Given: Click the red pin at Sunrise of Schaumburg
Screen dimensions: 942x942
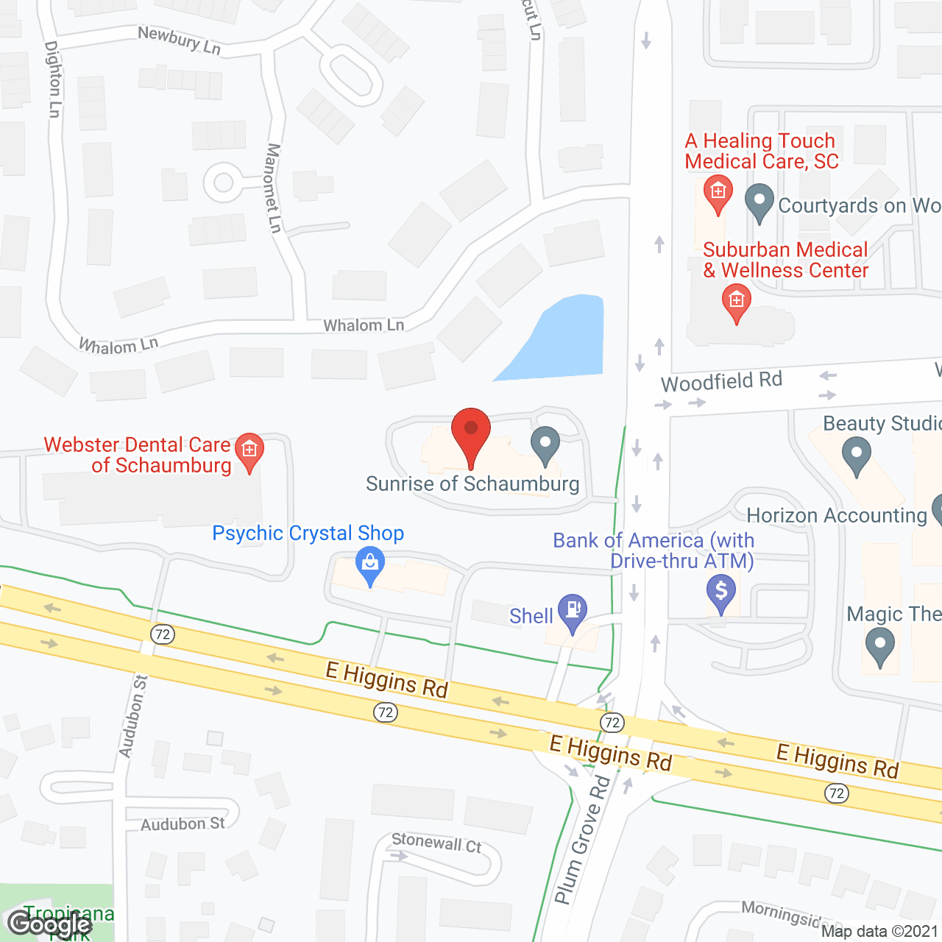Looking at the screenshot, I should pyautogui.click(x=470, y=434).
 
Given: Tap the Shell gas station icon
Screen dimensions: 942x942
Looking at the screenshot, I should pyautogui.click(x=573, y=612).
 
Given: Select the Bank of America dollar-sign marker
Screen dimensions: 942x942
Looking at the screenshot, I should pyautogui.click(x=721, y=591).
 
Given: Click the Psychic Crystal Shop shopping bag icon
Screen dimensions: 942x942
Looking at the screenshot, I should pyautogui.click(x=370, y=564).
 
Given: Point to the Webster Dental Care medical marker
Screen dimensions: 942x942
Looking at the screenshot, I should pyautogui.click(x=249, y=450).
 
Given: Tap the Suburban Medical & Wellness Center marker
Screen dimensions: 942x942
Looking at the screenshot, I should pyautogui.click(x=736, y=302).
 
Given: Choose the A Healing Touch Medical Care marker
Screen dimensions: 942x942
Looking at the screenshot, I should pyautogui.click(x=718, y=193).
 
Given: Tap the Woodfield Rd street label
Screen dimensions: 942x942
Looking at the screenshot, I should pyautogui.click(x=721, y=382).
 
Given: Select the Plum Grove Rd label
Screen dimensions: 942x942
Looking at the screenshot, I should pyautogui.click(x=582, y=840).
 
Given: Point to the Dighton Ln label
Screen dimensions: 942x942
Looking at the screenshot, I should pyautogui.click(x=53, y=79).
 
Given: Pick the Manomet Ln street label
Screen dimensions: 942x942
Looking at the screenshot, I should pyautogui.click(x=274, y=188).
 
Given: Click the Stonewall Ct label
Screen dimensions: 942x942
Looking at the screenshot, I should pyautogui.click(x=436, y=843).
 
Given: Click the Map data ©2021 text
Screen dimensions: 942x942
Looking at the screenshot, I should pyautogui.click(x=879, y=932).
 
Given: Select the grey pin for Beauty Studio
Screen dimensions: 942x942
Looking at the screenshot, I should pyautogui.click(x=856, y=454).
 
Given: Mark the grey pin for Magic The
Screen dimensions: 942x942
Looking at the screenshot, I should pyautogui.click(x=879, y=647).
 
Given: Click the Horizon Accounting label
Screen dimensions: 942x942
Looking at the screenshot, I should pyautogui.click(x=837, y=515).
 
